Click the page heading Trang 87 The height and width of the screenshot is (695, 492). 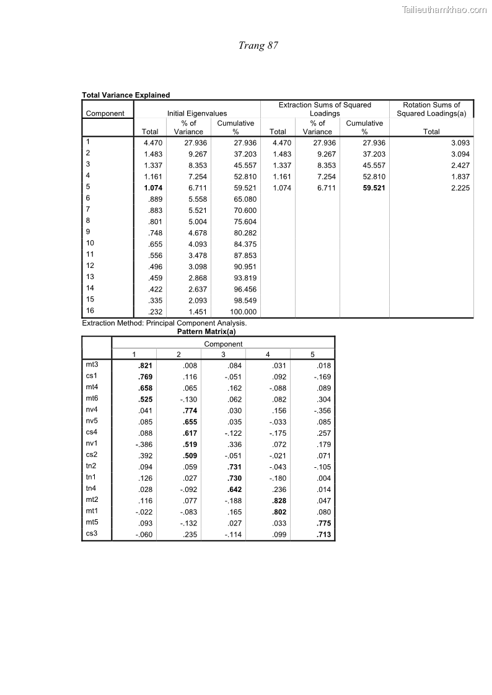tap(258, 46)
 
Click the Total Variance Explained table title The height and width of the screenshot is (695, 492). tap(126, 95)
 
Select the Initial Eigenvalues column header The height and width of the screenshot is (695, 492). tap(197, 113)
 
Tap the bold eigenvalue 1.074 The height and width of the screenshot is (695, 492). tap(152, 188)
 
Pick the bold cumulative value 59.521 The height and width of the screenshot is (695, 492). tap(374, 188)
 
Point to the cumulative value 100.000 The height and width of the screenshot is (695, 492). tap(244, 312)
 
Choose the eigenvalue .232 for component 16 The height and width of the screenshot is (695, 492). tap(155, 312)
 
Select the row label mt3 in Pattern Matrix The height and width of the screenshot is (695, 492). tap(92, 365)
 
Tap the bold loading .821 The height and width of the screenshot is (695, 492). tap(145, 366)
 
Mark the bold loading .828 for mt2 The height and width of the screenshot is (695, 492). tap(279, 501)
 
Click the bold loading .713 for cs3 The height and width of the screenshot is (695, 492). tap(323, 535)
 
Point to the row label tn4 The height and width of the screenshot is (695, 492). tap(92, 489)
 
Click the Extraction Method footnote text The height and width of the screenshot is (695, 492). tap(164, 323)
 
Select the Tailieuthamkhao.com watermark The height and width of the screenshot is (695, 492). tap(444, 9)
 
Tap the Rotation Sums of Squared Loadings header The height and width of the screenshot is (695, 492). tap(431, 109)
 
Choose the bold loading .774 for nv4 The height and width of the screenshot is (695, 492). tap(190, 410)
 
